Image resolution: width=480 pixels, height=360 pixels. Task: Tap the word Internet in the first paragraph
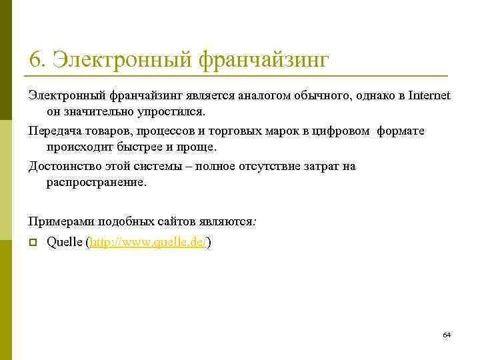click(x=427, y=96)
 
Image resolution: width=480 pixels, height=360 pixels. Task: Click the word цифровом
click(x=341, y=131)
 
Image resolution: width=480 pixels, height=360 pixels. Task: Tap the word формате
click(x=401, y=131)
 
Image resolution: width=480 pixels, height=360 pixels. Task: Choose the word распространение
click(x=95, y=182)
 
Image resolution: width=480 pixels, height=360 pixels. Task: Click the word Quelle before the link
click(x=65, y=243)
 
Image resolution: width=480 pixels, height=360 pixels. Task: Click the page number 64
click(x=447, y=334)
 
